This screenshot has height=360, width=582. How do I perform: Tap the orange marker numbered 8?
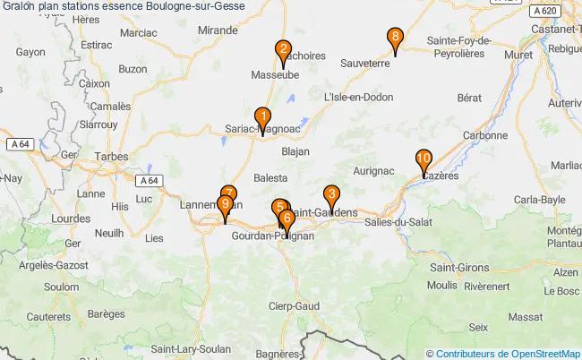tap(395, 39)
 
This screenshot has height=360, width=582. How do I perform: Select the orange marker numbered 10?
tap(424, 160)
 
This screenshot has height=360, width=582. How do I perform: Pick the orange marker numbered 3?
tap(331, 194)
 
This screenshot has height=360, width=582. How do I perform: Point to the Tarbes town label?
tap(109, 157)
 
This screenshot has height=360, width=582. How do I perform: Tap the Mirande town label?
tap(217, 30)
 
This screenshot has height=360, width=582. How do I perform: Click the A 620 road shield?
tap(540, 11)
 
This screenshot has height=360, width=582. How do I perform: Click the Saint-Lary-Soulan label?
tap(187, 348)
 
